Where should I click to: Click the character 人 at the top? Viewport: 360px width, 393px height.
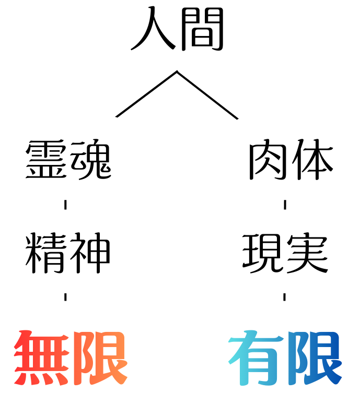153,28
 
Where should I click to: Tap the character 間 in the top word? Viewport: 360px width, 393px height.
202,29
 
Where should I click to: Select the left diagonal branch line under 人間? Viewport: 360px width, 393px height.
146,94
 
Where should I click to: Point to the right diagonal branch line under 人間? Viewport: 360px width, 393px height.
207,95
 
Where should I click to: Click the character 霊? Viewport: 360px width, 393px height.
46,160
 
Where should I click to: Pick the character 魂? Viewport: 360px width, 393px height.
91,160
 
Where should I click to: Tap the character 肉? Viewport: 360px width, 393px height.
268,160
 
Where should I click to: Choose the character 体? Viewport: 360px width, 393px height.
312,159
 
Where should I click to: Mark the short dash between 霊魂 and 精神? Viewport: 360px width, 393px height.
65,205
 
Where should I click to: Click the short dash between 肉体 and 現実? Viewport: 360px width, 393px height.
285,205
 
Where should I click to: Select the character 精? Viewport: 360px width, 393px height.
46,253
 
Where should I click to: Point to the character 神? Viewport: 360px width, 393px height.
90,253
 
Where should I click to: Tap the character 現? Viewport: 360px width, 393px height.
262,253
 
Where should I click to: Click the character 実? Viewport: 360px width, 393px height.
308,253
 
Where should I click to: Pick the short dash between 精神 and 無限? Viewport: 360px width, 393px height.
65,297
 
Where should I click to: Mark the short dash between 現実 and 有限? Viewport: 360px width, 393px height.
284,297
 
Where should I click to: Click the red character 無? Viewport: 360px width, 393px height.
42,358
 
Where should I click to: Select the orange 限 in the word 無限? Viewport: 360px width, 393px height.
100,358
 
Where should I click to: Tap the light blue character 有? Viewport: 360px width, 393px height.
257,358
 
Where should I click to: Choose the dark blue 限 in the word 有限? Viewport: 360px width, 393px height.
315,358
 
